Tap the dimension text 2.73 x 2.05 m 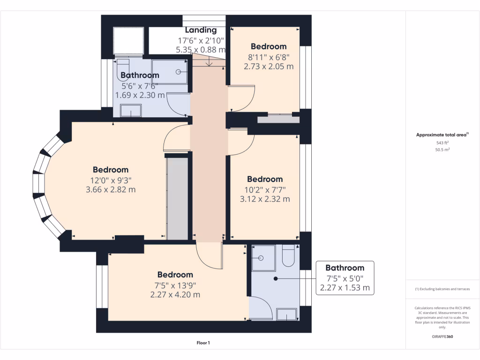click(x=269, y=67)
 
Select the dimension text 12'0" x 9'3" click(x=110, y=180)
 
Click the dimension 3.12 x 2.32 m click(x=265, y=199)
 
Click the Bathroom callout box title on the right click(x=345, y=268)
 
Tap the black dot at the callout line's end click(x=276, y=278)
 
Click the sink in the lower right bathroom click(x=286, y=314)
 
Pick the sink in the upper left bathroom click(x=131, y=111)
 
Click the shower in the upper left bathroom click(x=169, y=72)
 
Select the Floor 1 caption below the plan click(x=203, y=343)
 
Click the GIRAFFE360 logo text click(x=442, y=337)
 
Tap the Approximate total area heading click(x=442, y=135)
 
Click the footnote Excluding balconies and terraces click(x=442, y=289)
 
